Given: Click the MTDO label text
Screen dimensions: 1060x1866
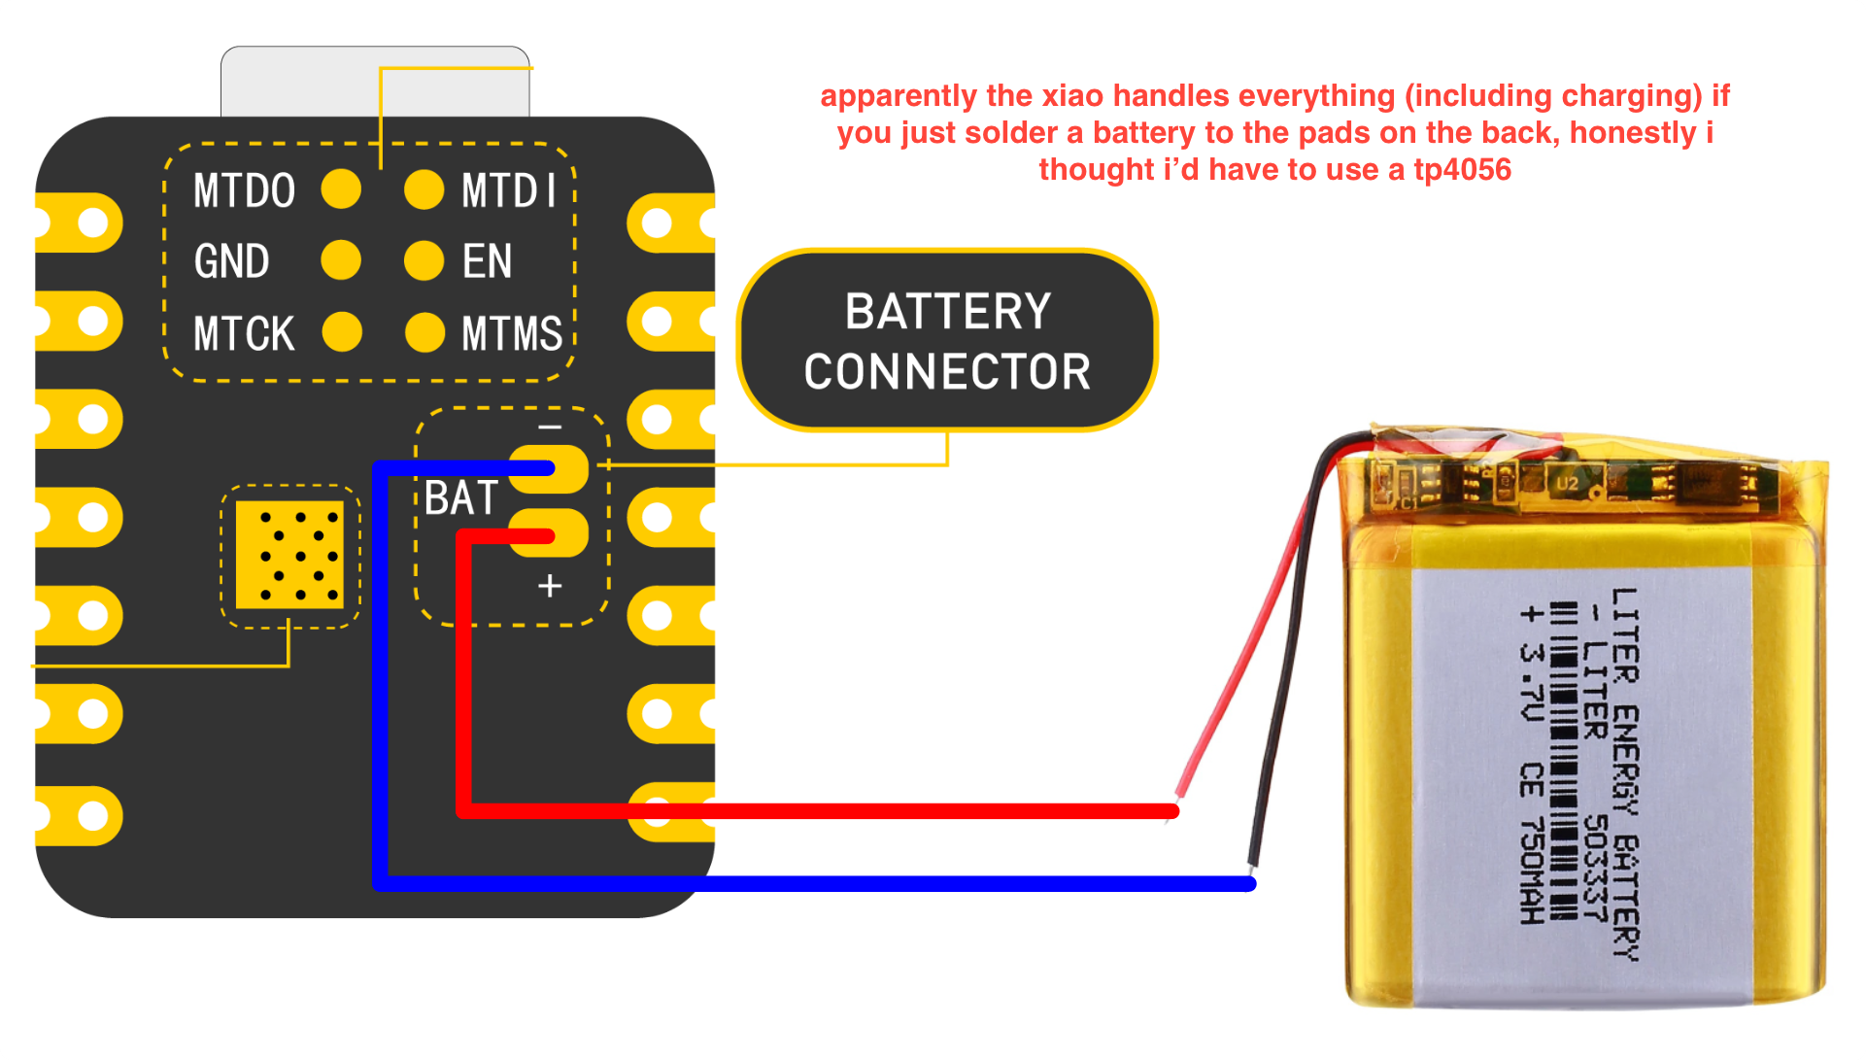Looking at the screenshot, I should (x=244, y=190).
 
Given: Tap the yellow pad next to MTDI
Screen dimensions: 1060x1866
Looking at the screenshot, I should (x=424, y=189).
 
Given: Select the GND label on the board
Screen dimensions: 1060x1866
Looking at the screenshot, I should (x=231, y=261).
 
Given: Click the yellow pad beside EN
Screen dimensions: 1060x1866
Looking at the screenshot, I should (x=424, y=260).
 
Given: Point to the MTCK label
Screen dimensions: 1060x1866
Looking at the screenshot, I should (x=244, y=333).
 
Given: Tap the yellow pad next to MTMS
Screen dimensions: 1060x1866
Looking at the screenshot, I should (x=424, y=332).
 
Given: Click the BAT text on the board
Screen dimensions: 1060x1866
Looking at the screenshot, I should (x=461, y=498).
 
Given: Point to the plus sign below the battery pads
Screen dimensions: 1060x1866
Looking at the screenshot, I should (x=550, y=586).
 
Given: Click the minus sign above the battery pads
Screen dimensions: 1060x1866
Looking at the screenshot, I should (x=550, y=427).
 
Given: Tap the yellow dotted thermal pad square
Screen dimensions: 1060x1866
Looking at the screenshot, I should (x=289, y=555).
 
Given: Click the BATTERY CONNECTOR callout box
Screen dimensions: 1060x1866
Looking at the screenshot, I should (x=947, y=340).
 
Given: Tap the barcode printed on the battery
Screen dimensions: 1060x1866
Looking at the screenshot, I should (x=1563, y=758).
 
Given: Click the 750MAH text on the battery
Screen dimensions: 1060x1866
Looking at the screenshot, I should (x=1532, y=870).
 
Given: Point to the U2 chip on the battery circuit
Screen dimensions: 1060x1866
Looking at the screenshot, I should (x=1568, y=483).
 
